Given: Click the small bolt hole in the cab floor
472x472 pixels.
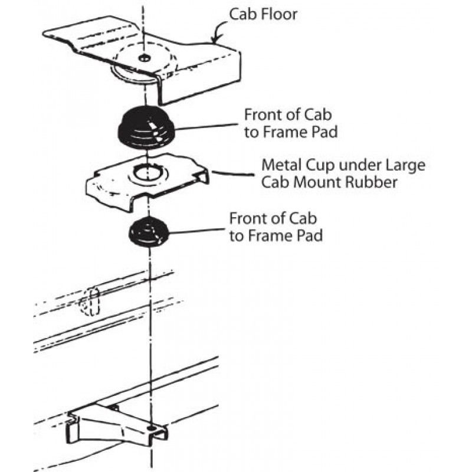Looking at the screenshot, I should point(143,57).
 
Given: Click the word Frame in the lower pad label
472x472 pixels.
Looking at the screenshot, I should point(273,237).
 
